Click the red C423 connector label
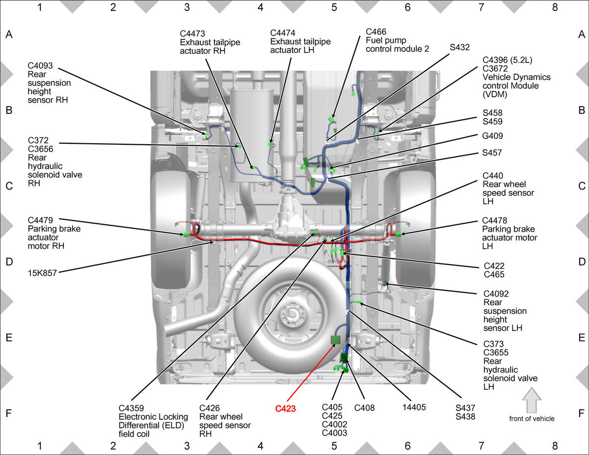(285, 408)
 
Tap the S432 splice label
(460, 47)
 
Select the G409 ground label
(492, 135)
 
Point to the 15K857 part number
(42, 273)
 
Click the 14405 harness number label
(414, 407)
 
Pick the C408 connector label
(364, 408)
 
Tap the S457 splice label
(492, 153)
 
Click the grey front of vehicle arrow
(532, 400)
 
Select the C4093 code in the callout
(40, 66)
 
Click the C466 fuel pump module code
(376, 32)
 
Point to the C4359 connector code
(131, 408)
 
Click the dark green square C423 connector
(336, 340)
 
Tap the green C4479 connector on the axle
(186, 235)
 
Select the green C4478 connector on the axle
(398, 235)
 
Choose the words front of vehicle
(532, 419)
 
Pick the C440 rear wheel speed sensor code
(493, 176)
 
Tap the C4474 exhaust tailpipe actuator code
(283, 33)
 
